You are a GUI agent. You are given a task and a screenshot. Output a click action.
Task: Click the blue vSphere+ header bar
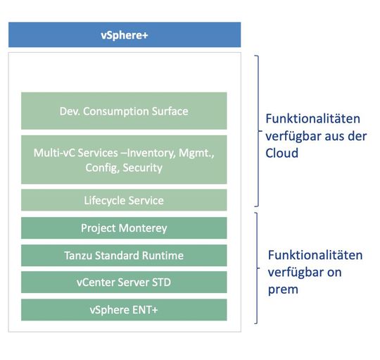[x=124, y=35]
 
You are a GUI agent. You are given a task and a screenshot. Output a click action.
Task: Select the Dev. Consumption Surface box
[x=124, y=111]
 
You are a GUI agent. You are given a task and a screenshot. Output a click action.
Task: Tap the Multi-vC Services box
[x=124, y=159]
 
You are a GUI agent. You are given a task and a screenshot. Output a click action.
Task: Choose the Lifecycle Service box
[x=124, y=200]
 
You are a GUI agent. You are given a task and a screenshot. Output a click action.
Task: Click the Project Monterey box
[x=124, y=228]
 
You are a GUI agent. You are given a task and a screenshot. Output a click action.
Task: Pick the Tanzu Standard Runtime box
[x=124, y=255]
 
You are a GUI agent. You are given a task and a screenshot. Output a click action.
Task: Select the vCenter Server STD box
[x=124, y=283]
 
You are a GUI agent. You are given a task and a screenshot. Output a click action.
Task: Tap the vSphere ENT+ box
[x=124, y=309]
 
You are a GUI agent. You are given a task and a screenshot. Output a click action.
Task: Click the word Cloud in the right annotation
[x=282, y=152]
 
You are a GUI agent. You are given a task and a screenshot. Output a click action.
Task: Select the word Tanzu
[x=79, y=255]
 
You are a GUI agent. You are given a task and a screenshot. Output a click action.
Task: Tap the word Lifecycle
[x=106, y=200]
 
